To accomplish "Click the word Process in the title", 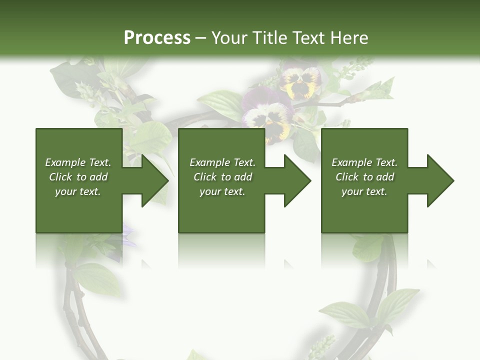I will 157,38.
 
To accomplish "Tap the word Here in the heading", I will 349,38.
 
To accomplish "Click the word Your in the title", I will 229,38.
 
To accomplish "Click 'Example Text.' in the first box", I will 78,162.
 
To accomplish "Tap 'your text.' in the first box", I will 78,191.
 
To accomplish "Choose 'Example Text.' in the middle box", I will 222,162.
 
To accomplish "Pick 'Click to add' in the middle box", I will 222,177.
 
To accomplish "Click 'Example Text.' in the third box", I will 364,162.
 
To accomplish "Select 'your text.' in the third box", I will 364,191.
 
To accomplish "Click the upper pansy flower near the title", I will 300,81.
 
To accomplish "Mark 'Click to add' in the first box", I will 78,177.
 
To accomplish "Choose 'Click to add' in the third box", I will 364,177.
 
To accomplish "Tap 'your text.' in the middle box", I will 222,191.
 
